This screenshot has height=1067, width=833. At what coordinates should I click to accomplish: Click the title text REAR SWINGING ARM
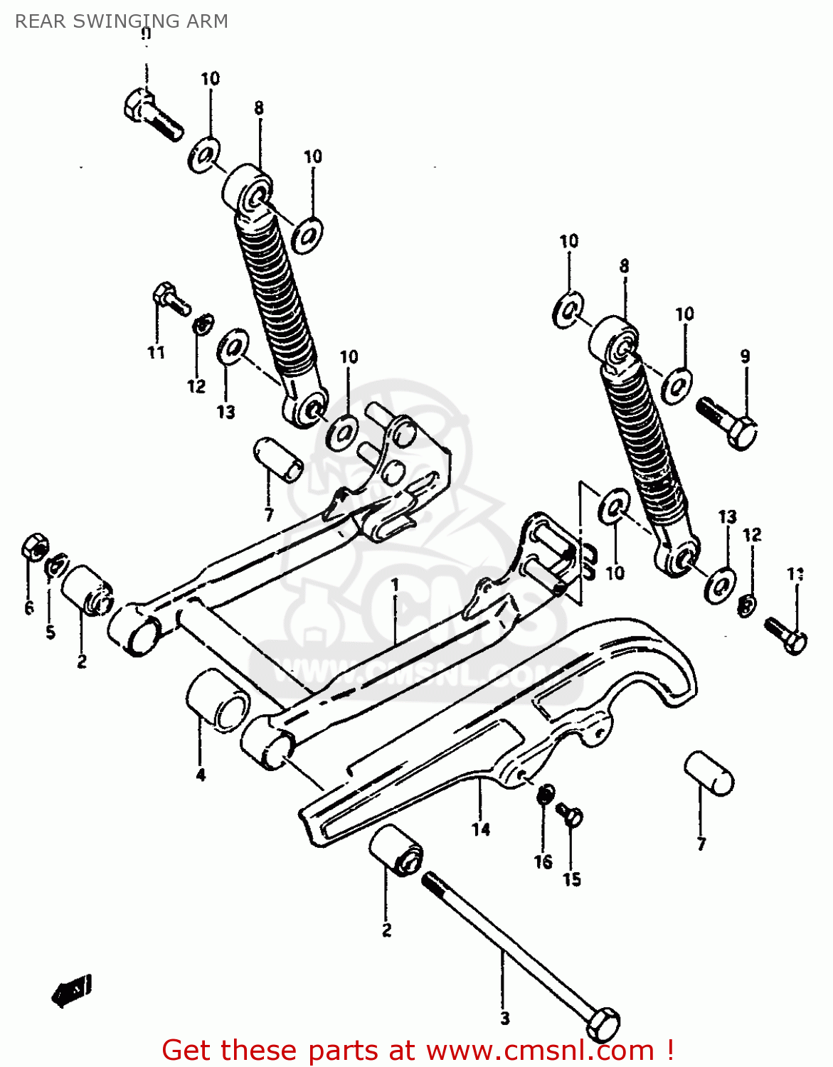(x=121, y=21)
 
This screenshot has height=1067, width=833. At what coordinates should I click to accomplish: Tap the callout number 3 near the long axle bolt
(x=504, y=1019)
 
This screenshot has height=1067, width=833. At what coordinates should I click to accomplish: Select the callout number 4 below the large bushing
(x=201, y=775)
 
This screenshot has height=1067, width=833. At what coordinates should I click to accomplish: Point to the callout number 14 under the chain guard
(x=481, y=829)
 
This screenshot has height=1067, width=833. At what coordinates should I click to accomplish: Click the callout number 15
(x=572, y=880)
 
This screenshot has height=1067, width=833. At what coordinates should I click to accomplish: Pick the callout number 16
(x=543, y=862)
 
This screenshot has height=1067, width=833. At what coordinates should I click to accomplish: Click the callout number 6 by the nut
(x=29, y=607)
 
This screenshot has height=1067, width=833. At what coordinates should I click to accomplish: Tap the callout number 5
(x=50, y=632)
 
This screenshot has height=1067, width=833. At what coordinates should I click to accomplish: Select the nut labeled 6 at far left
(x=33, y=546)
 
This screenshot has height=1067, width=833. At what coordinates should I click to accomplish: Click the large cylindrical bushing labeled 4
(x=217, y=701)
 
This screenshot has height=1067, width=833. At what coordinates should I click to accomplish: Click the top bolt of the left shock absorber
(x=151, y=115)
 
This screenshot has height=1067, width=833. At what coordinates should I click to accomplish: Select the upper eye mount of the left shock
(x=248, y=189)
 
